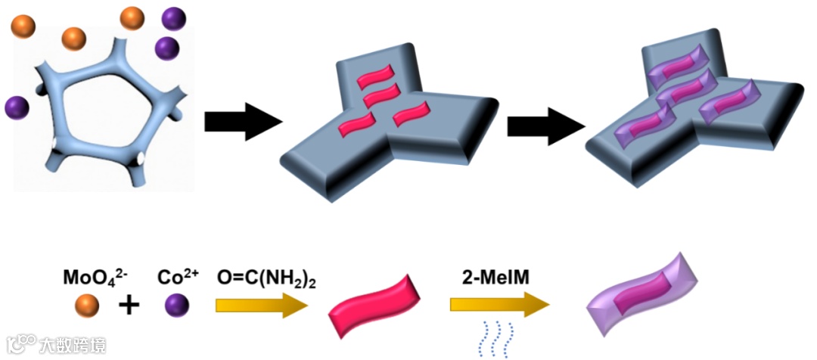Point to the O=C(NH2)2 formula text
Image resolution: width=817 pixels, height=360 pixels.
[266, 278]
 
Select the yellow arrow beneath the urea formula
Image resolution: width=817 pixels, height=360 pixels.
[262, 305]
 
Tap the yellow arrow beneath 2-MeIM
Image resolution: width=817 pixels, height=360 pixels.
[499, 305]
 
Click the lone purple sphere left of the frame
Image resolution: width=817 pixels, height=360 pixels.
[17, 107]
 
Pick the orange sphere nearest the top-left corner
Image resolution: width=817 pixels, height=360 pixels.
[23, 25]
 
